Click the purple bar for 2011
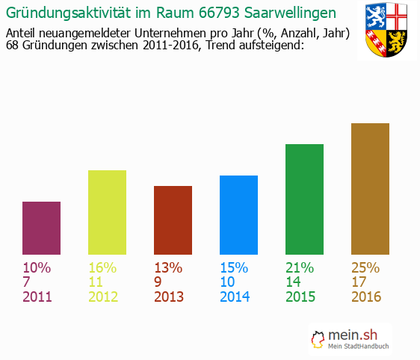[x=42, y=228]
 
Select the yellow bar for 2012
[x=107, y=212]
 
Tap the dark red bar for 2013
[x=173, y=220]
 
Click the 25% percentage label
[x=365, y=267]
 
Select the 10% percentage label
[x=37, y=267]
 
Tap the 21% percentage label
[x=300, y=267]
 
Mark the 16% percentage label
[x=102, y=267]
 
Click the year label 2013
[x=168, y=297]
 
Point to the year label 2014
[x=234, y=297]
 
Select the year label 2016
[x=365, y=297]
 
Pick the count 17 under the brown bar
[x=359, y=282]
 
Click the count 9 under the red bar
[x=158, y=282]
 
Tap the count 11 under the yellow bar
[x=96, y=282]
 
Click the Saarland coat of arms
[x=386, y=31]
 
